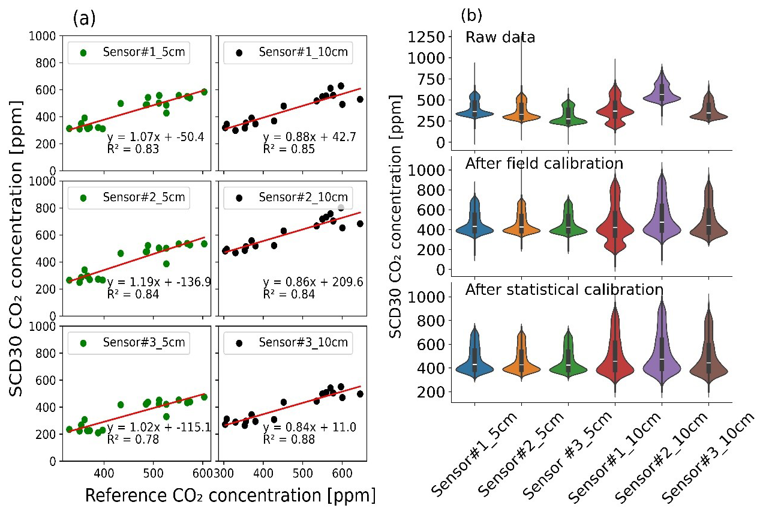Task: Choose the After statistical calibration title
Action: pyautogui.click(x=564, y=289)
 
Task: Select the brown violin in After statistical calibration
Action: pyautogui.click(x=708, y=360)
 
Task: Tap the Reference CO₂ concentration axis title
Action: pyautogui.click(x=230, y=495)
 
